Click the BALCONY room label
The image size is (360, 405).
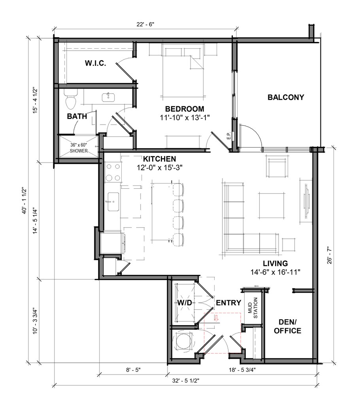[286, 97]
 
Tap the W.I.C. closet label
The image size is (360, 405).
[95, 63]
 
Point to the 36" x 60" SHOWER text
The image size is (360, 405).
[79, 148]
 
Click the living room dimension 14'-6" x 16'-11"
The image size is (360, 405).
[275, 272]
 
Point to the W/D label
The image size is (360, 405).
[185, 303]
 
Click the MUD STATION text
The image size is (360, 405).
[253, 308]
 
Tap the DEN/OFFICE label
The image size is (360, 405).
[287, 326]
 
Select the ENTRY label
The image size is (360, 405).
[228, 303]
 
